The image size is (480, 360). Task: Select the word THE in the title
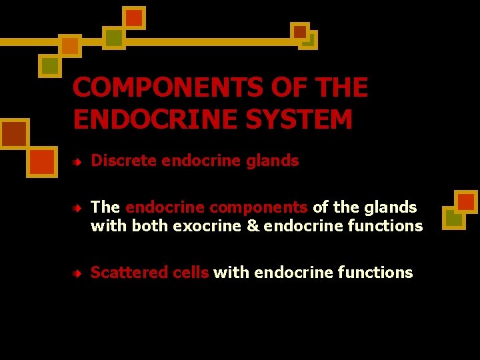(x=339, y=87)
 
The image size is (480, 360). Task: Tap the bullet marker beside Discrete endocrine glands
(x=78, y=161)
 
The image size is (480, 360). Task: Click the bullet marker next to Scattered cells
(x=78, y=273)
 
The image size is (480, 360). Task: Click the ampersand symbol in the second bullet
(x=253, y=226)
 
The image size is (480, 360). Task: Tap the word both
(x=150, y=226)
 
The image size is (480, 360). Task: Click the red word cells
(x=191, y=273)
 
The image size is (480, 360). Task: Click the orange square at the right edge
(x=465, y=202)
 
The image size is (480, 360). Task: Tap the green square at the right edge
(x=453, y=218)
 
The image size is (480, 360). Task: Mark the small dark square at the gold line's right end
(x=300, y=31)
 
